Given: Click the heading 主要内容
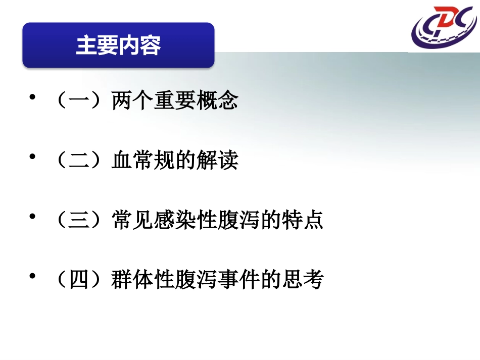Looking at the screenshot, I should (x=118, y=45).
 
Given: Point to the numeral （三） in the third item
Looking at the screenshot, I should (x=81, y=221).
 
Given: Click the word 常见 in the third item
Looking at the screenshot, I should (x=133, y=221).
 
